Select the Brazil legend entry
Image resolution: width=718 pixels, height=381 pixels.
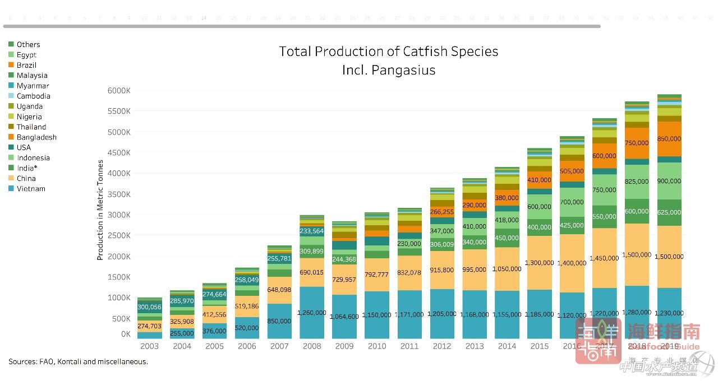(x=26, y=65)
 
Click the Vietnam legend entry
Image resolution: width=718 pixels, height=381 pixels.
(x=31, y=189)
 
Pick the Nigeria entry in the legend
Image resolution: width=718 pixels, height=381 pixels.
(x=29, y=117)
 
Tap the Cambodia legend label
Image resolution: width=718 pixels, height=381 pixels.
(x=33, y=96)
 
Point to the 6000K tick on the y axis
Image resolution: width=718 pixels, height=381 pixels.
(x=119, y=91)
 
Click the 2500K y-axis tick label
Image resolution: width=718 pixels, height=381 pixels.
(x=119, y=236)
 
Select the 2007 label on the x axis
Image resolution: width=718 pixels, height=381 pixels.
(x=279, y=346)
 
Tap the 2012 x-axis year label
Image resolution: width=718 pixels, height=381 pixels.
(x=442, y=346)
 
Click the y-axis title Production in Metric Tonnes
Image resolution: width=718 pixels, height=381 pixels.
(x=100, y=210)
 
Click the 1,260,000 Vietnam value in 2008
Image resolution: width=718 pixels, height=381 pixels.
(x=312, y=312)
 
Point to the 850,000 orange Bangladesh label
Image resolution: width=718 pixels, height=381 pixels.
(x=669, y=138)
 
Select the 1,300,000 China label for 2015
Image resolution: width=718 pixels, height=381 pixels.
(x=539, y=263)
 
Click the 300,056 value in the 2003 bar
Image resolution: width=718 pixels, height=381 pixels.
(x=149, y=307)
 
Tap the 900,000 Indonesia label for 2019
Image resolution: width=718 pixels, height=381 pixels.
(x=669, y=181)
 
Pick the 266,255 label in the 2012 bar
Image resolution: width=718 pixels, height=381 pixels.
(x=442, y=212)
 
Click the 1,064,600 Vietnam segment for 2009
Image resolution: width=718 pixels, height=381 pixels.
(x=344, y=317)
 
